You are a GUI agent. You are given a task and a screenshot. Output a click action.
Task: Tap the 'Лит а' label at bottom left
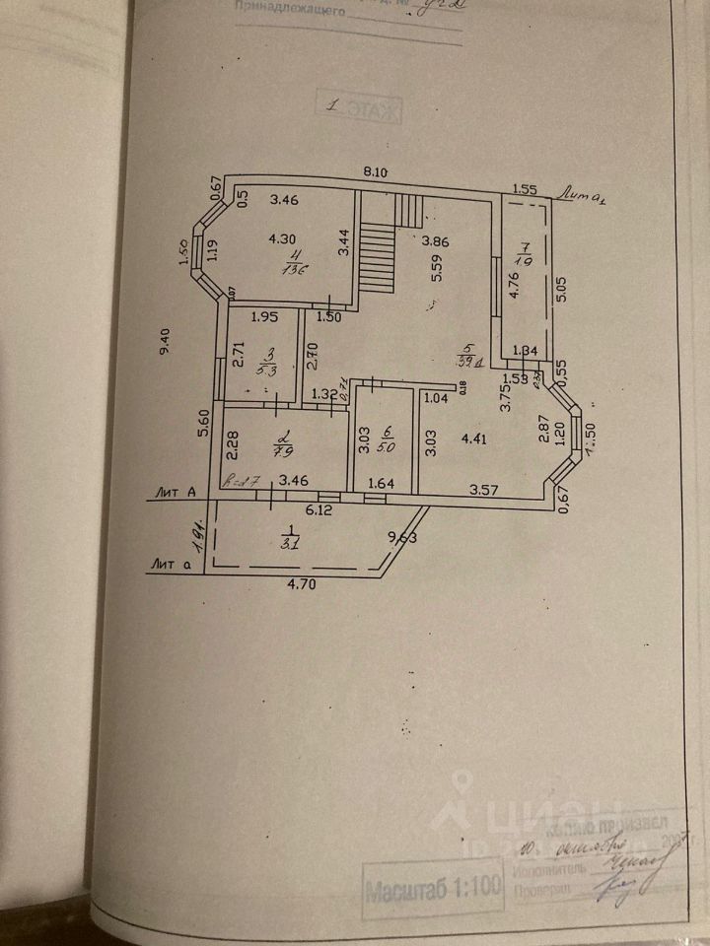[171, 564]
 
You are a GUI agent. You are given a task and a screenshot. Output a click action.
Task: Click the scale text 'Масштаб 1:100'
[432, 893]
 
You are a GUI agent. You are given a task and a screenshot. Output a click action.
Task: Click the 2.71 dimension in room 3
[238, 353]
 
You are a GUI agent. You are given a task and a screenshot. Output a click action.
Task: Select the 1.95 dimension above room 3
[264, 316]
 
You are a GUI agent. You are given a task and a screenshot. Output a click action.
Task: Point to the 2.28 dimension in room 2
[233, 447]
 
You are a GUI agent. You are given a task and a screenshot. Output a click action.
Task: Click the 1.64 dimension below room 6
[381, 484]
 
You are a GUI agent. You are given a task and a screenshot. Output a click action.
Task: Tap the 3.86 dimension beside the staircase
[436, 239]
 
